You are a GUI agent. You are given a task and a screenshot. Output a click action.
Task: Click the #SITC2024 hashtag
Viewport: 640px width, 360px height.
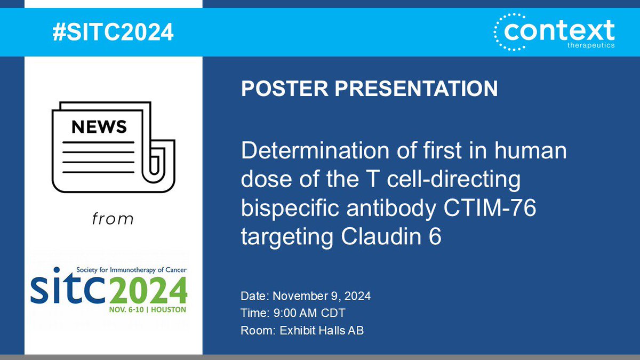(x=113, y=33)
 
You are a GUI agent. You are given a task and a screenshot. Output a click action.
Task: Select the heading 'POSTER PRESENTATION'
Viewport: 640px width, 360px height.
(x=369, y=89)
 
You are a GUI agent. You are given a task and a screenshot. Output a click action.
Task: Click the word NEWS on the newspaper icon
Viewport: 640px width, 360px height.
(x=99, y=126)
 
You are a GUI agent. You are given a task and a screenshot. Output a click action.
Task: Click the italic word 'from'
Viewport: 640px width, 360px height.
(x=112, y=219)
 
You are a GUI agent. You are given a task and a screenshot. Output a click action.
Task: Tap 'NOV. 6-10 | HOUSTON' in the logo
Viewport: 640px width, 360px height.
(x=148, y=309)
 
